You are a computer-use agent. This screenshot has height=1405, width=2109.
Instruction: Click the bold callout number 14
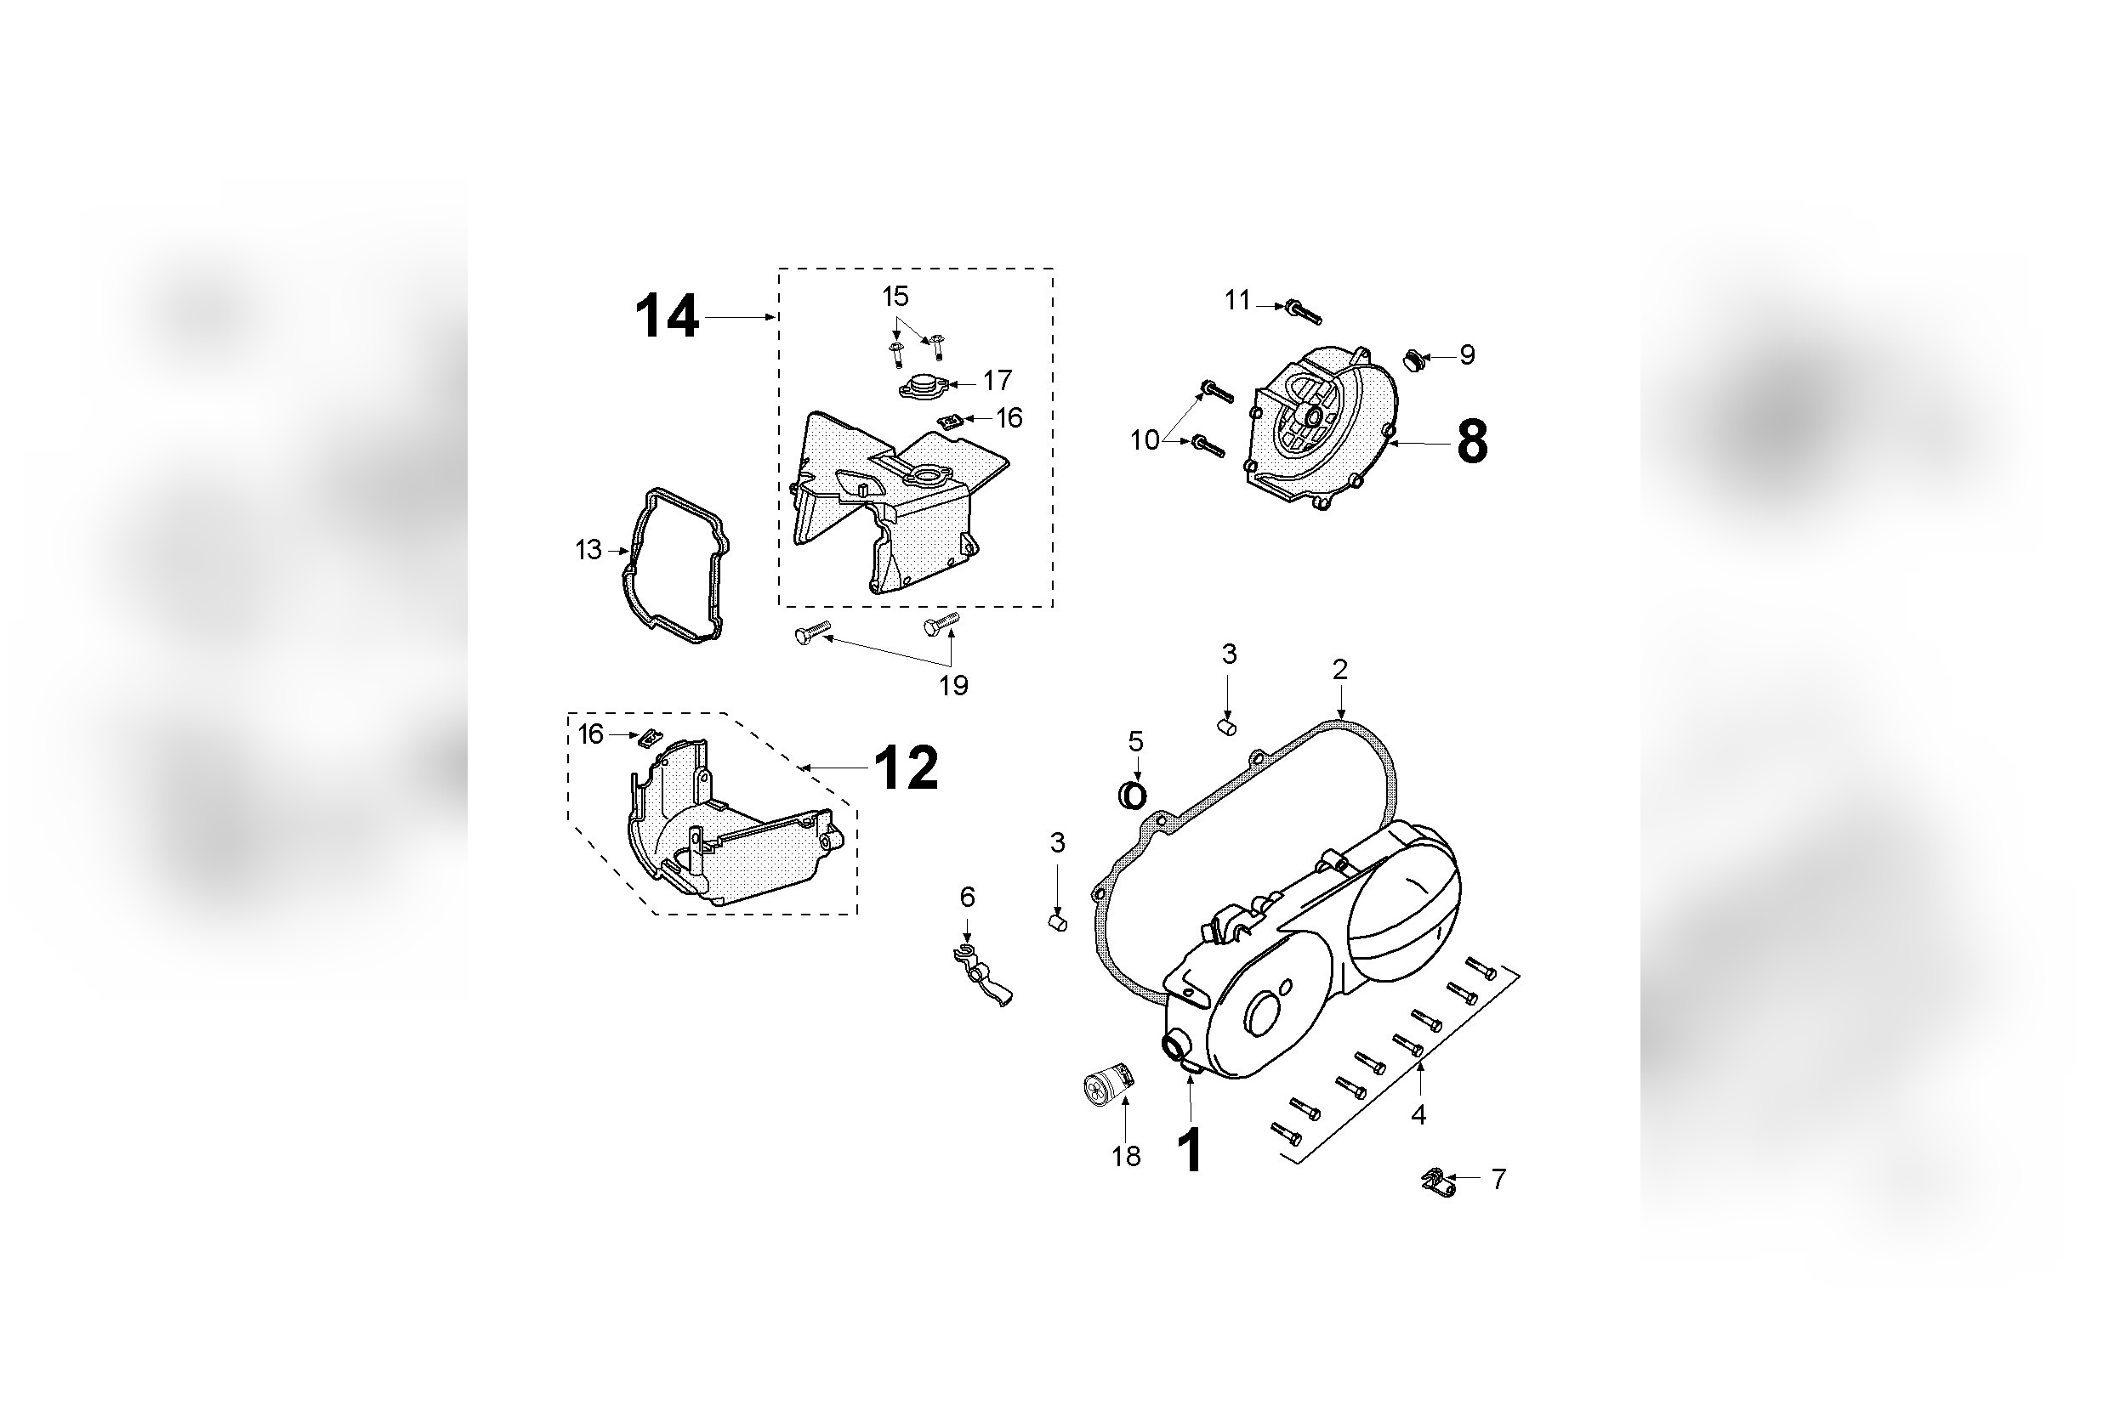coord(667,317)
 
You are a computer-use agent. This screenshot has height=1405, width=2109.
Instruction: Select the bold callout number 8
coord(1472,443)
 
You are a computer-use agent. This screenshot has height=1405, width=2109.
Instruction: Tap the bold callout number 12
coord(907,768)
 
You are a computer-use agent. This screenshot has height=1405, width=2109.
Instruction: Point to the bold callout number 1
coord(1190,1152)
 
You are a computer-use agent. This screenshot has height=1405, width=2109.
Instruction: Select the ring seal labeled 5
coord(1134,795)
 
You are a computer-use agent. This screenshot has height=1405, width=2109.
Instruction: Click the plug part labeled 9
coord(1413,361)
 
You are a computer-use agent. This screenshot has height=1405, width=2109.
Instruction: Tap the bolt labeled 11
coord(1302,311)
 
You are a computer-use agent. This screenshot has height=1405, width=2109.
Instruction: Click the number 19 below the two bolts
coord(953,685)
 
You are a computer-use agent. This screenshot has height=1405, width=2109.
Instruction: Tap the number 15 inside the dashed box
coord(895,296)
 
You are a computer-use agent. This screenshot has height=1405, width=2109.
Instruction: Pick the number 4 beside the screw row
coord(1418,1114)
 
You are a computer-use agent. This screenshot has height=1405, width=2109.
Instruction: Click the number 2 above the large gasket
coord(1340,669)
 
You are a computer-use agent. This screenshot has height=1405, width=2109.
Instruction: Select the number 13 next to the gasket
coord(588,549)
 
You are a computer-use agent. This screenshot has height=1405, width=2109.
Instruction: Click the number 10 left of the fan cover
coord(1145,440)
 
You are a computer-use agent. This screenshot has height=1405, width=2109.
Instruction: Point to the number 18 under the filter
coord(1127,1157)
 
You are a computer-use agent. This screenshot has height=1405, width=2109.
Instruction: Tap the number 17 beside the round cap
coord(997,381)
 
